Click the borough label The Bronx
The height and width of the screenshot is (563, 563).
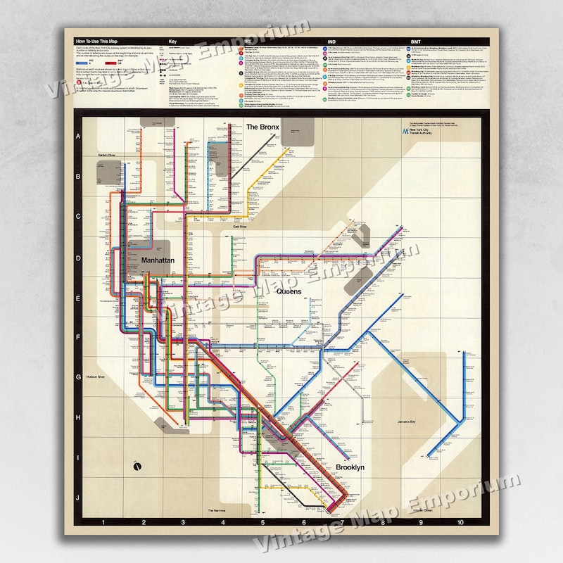tap(263, 127)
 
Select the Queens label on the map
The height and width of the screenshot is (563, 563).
tap(289, 291)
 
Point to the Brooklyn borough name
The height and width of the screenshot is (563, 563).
tap(349, 467)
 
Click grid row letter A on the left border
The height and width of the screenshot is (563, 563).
tap(79, 137)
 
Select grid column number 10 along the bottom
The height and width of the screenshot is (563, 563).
tap(460, 522)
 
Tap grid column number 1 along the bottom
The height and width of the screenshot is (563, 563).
tap(103, 522)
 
